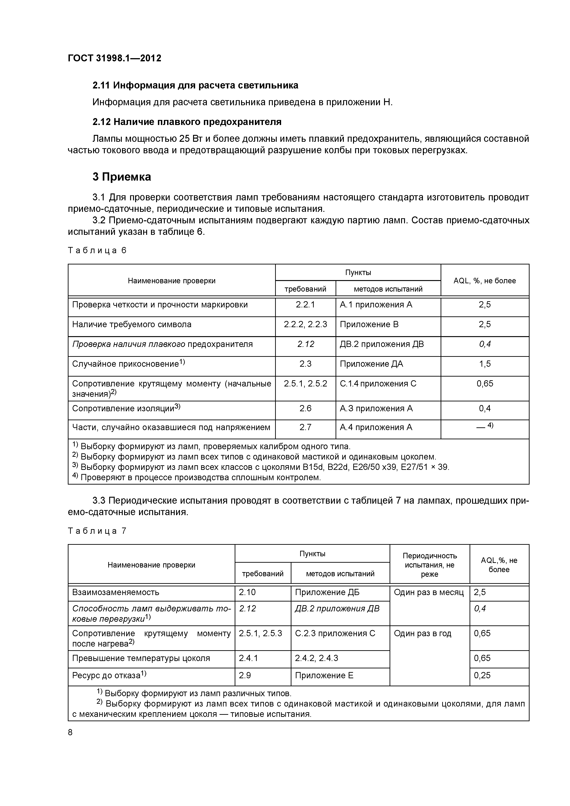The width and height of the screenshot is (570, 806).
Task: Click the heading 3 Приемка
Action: click(x=122, y=177)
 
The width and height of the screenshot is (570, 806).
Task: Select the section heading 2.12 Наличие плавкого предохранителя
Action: click(x=187, y=122)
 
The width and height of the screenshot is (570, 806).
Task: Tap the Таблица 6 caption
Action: click(x=97, y=250)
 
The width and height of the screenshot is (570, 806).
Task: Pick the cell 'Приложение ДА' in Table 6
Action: click(x=371, y=364)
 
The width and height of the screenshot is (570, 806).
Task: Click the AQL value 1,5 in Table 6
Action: click(x=485, y=364)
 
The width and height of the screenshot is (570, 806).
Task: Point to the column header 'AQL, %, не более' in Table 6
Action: click(x=485, y=281)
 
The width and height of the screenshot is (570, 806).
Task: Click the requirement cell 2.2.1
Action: click(x=305, y=304)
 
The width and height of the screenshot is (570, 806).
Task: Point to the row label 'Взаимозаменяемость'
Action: click(x=116, y=592)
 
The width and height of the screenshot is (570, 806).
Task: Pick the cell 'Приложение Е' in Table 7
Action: click(x=324, y=675)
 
